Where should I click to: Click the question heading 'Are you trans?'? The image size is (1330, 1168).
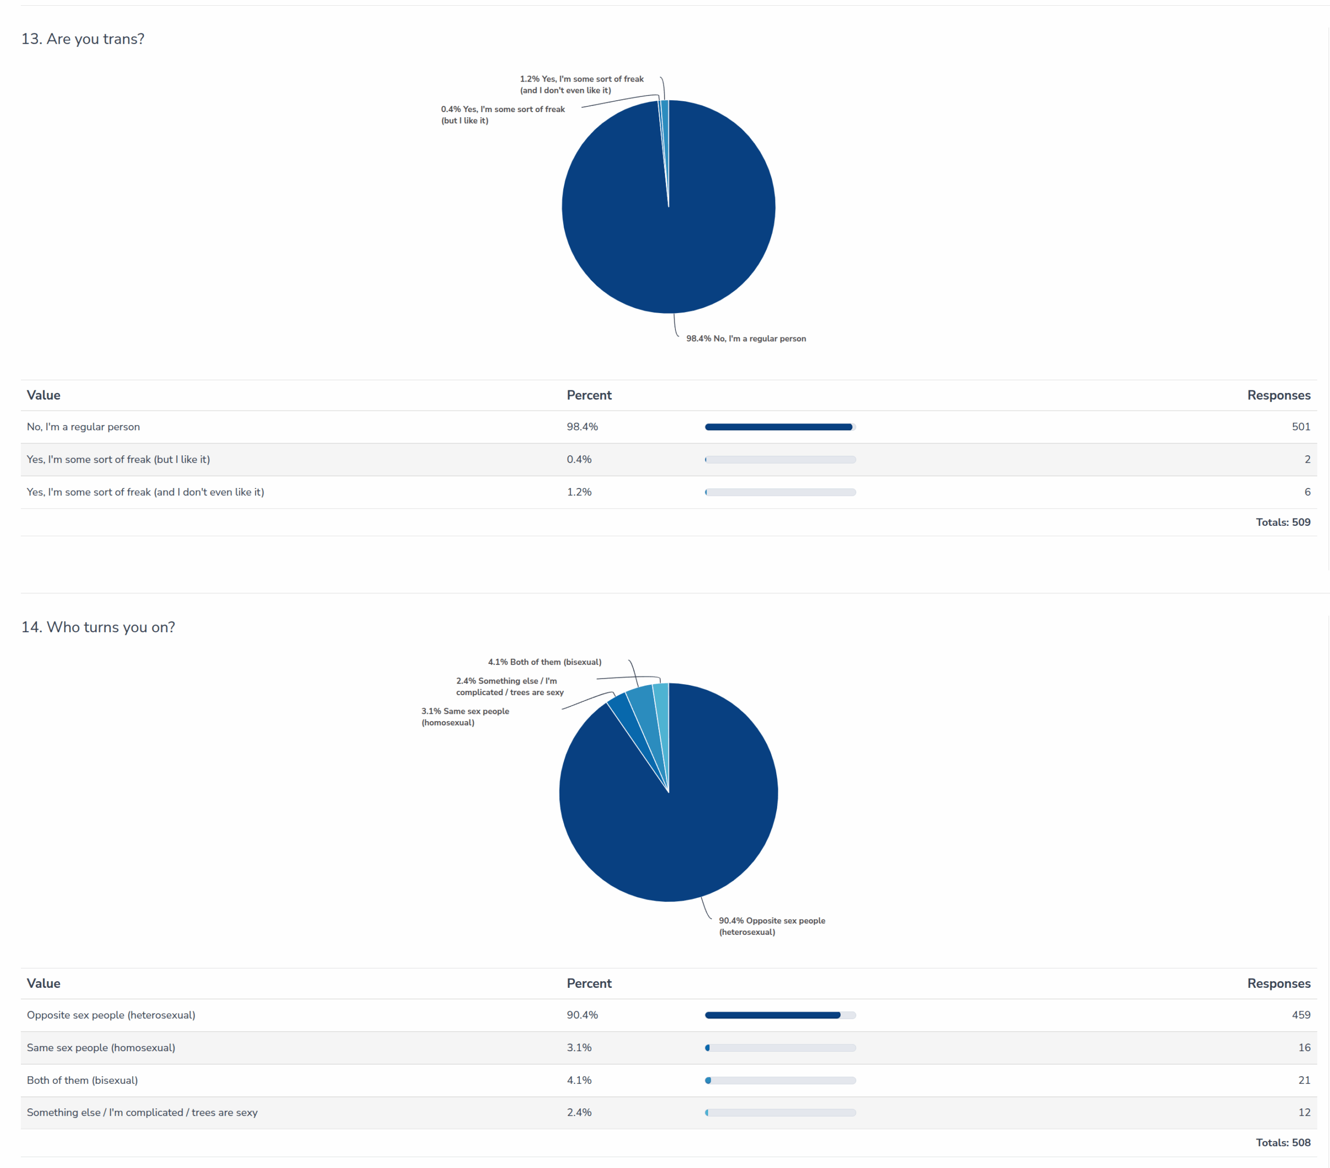point(83,39)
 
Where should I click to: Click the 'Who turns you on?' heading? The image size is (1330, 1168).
point(98,627)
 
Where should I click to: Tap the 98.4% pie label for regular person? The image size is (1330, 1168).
point(746,339)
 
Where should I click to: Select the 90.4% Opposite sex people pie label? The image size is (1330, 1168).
point(772,926)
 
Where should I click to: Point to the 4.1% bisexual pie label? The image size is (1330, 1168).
point(544,662)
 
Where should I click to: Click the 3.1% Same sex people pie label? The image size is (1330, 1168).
point(465,717)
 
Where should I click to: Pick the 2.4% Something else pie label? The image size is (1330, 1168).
point(510,686)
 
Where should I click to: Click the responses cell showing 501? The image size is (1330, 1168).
point(1301,427)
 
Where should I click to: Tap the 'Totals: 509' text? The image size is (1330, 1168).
point(1283,522)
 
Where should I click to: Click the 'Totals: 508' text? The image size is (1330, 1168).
point(1283,1143)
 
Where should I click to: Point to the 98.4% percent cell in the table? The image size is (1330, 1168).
point(582,427)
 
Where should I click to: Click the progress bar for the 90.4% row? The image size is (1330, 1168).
point(780,1015)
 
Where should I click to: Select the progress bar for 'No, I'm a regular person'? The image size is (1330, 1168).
point(780,427)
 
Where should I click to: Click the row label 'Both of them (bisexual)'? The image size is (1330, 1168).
point(82,1080)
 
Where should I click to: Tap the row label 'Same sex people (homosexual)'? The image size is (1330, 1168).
point(101,1048)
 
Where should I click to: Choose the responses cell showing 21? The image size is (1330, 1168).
point(1304,1080)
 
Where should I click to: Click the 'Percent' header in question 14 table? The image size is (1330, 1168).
point(589,983)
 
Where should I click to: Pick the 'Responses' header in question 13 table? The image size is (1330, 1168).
point(1279,396)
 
